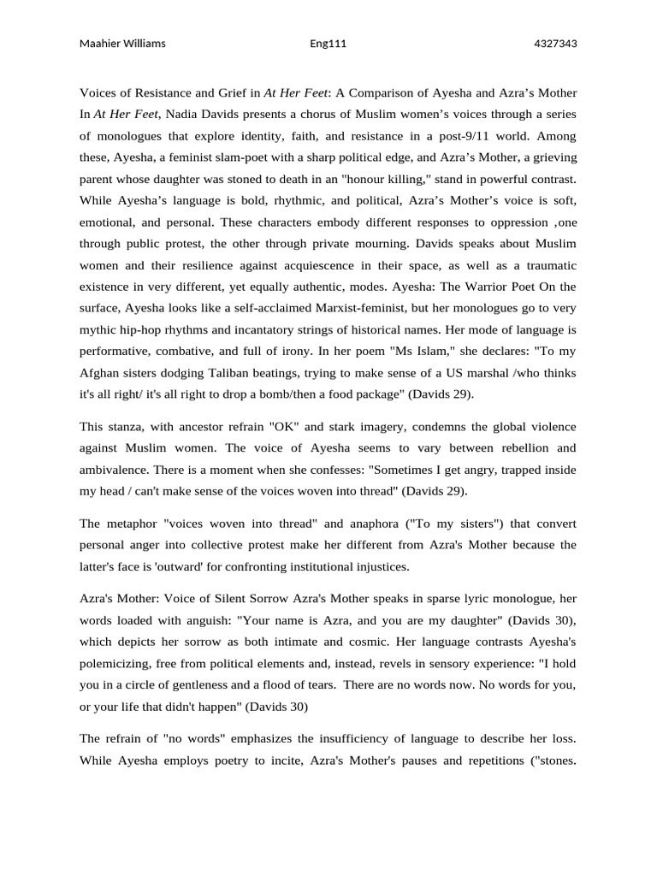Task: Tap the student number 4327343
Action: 555,44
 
